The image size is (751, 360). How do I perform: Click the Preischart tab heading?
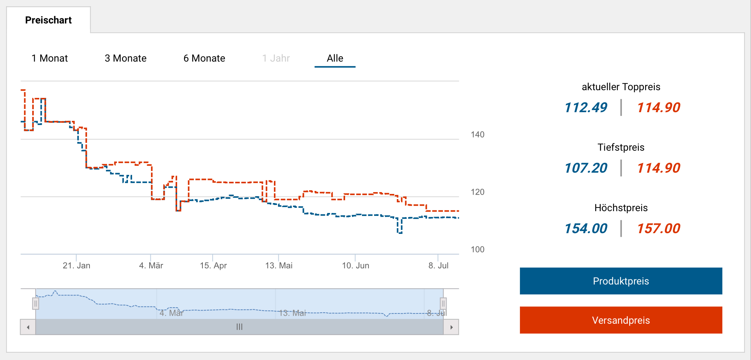pyautogui.click(x=48, y=20)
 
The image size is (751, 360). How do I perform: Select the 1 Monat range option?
pyautogui.click(x=50, y=58)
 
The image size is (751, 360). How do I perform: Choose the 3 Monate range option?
pyautogui.click(x=125, y=58)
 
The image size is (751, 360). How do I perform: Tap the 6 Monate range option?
pyautogui.click(x=204, y=58)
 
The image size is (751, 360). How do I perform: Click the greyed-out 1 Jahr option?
pyautogui.click(x=276, y=58)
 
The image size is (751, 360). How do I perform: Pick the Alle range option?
pyautogui.click(x=335, y=58)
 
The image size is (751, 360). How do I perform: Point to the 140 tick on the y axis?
pyautogui.click(x=477, y=135)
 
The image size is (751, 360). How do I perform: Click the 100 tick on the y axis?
pyautogui.click(x=477, y=250)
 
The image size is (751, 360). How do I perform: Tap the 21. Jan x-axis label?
pyautogui.click(x=76, y=265)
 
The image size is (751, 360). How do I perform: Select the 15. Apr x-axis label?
pyautogui.click(x=213, y=265)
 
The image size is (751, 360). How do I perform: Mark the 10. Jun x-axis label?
pyautogui.click(x=355, y=265)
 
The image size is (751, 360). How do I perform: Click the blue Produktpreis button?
pyautogui.click(x=621, y=281)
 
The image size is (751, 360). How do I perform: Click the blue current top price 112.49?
pyautogui.click(x=586, y=107)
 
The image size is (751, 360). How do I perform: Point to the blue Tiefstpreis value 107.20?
pyautogui.click(x=586, y=168)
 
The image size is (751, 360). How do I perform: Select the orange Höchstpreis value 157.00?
pyautogui.click(x=658, y=228)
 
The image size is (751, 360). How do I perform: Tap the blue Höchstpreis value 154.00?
pyautogui.click(x=586, y=228)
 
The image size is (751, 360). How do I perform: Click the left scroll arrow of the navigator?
pyautogui.click(x=28, y=327)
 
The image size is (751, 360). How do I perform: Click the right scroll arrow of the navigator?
pyautogui.click(x=451, y=327)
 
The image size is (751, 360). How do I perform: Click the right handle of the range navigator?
pyautogui.click(x=443, y=304)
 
